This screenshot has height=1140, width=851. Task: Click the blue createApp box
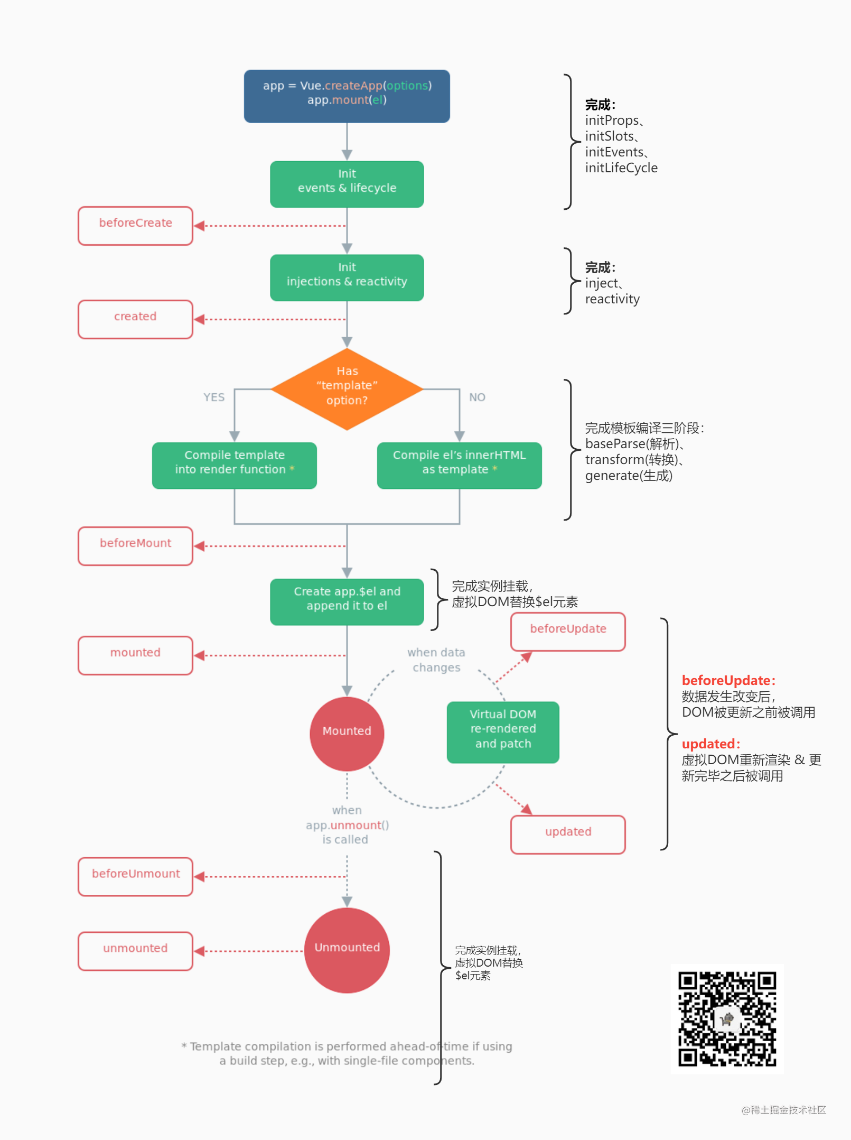pos(347,96)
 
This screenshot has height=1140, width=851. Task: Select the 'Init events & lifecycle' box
pos(347,184)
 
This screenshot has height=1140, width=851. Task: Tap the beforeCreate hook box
pos(135,226)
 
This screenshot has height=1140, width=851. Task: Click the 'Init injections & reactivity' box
pos(347,277)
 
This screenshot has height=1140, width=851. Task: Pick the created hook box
pos(135,319)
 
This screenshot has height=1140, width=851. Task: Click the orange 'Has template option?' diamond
pos(347,389)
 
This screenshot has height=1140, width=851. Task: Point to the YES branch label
pos(214,397)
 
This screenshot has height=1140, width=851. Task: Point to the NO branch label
pos(477,397)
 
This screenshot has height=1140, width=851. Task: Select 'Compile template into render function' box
pos(235,465)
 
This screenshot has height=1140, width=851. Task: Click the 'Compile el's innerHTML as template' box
pos(459,465)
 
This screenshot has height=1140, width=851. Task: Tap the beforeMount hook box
pos(135,546)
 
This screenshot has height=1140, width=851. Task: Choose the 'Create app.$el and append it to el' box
pos(347,601)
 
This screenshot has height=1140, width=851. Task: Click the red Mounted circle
pos(347,734)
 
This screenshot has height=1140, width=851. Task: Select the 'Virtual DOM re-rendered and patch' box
pos(503,732)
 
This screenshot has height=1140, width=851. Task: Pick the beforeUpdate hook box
pos(568,632)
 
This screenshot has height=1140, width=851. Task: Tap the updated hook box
pos(568,835)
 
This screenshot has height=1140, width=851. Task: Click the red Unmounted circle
pos(347,950)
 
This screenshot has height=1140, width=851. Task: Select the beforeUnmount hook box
pos(135,876)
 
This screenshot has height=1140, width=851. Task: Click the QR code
pos(727,1018)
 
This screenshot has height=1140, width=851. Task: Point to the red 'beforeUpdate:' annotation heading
pos(728,680)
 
